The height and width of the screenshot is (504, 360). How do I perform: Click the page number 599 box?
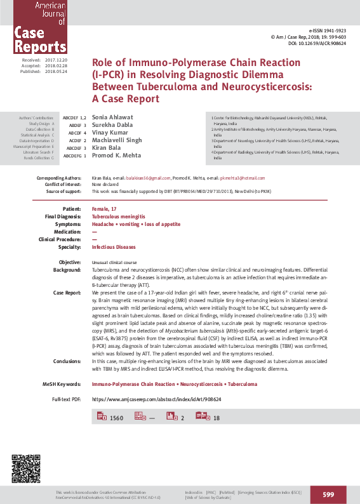[x=328, y=494]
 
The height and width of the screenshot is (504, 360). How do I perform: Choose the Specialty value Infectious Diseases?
[x=114, y=246]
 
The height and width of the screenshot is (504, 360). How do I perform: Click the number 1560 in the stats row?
[x=116, y=418]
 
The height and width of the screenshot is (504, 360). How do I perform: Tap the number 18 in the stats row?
[x=217, y=418]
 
